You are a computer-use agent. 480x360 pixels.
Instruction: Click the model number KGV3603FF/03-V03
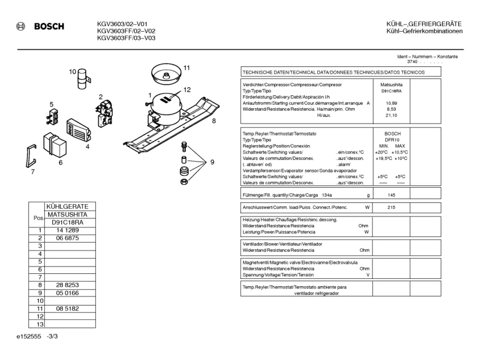point(126,38)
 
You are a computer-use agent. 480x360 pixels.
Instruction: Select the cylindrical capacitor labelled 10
point(84,79)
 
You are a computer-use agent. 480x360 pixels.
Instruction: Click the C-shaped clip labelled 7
point(31,155)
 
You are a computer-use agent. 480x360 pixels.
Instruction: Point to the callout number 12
point(187,90)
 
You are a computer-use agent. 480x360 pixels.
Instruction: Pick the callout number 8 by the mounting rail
point(214,121)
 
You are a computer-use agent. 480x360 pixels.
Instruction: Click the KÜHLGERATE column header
point(66,207)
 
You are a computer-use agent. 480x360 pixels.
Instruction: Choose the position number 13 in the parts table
point(40,324)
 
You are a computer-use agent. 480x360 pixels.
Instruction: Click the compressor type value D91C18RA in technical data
point(391,91)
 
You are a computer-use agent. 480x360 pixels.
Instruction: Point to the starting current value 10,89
point(391,103)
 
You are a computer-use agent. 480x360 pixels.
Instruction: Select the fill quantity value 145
point(391,195)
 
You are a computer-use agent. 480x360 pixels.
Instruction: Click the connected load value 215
point(391,207)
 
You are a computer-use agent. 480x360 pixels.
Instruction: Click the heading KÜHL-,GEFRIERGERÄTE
point(424,24)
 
